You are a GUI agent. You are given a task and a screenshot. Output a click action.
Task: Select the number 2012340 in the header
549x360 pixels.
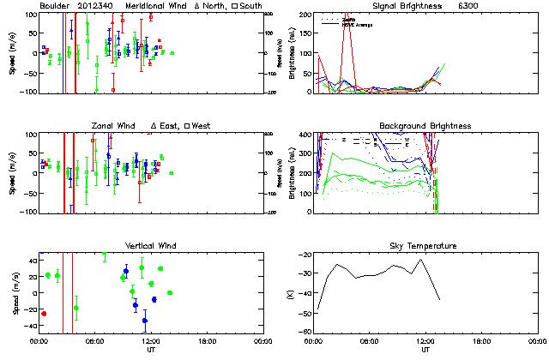99,6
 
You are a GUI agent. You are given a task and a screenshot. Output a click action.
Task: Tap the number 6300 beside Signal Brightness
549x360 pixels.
480,6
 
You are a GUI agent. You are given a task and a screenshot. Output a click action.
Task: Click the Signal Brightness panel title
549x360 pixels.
411,6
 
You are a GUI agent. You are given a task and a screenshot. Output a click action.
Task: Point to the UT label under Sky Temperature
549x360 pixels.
425,350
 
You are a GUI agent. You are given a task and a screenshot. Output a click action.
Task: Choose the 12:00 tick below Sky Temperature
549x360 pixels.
426,341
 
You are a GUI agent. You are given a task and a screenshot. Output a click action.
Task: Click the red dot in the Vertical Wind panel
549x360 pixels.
44,314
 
